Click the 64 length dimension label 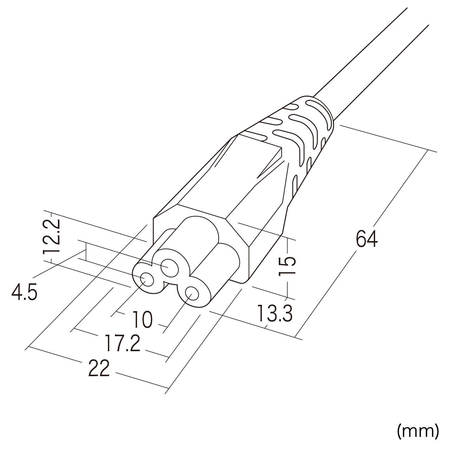pyautogui.click(x=366, y=238)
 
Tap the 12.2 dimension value pyautogui.click(x=51, y=236)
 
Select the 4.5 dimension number pyautogui.click(x=24, y=292)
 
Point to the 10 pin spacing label pyautogui.click(x=143, y=319)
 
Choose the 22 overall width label pyautogui.click(x=99, y=368)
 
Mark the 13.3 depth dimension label pyautogui.click(x=275, y=313)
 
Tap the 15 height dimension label pyautogui.click(x=287, y=266)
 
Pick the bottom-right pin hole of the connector pyautogui.click(x=192, y=294)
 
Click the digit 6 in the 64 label pyautogui.click(x=361, y=238)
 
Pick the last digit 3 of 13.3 pyautogui.click(x=287, y=313)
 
